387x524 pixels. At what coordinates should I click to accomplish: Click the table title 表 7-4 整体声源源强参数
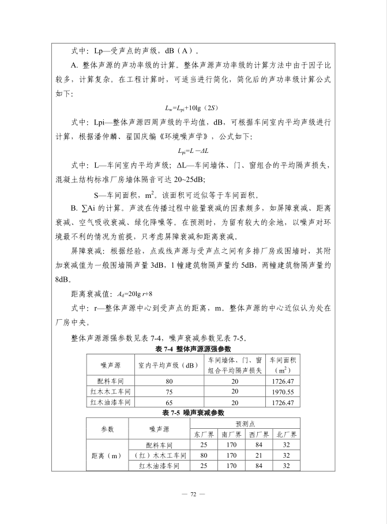(193, 349)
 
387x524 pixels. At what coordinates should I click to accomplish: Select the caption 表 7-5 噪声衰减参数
(193, 413)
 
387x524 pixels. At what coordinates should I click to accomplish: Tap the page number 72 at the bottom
(193, 495)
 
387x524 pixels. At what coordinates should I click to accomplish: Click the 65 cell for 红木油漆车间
(169, 402)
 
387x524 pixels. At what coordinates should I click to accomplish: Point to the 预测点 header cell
(245, 424)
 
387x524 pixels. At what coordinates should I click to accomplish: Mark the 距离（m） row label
(107, 455)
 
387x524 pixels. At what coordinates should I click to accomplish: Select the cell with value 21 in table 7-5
(259, 455)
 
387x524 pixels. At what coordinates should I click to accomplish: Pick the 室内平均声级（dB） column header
(169, 365)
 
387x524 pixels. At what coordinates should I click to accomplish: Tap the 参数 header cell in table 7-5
(107, 429)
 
